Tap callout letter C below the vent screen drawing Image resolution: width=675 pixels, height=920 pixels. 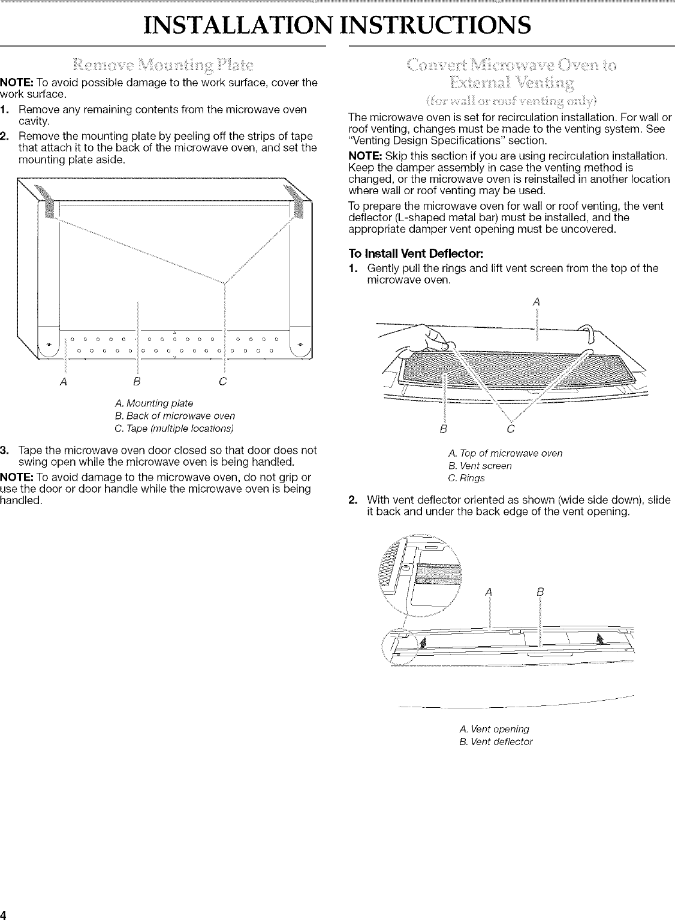[510, 429]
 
